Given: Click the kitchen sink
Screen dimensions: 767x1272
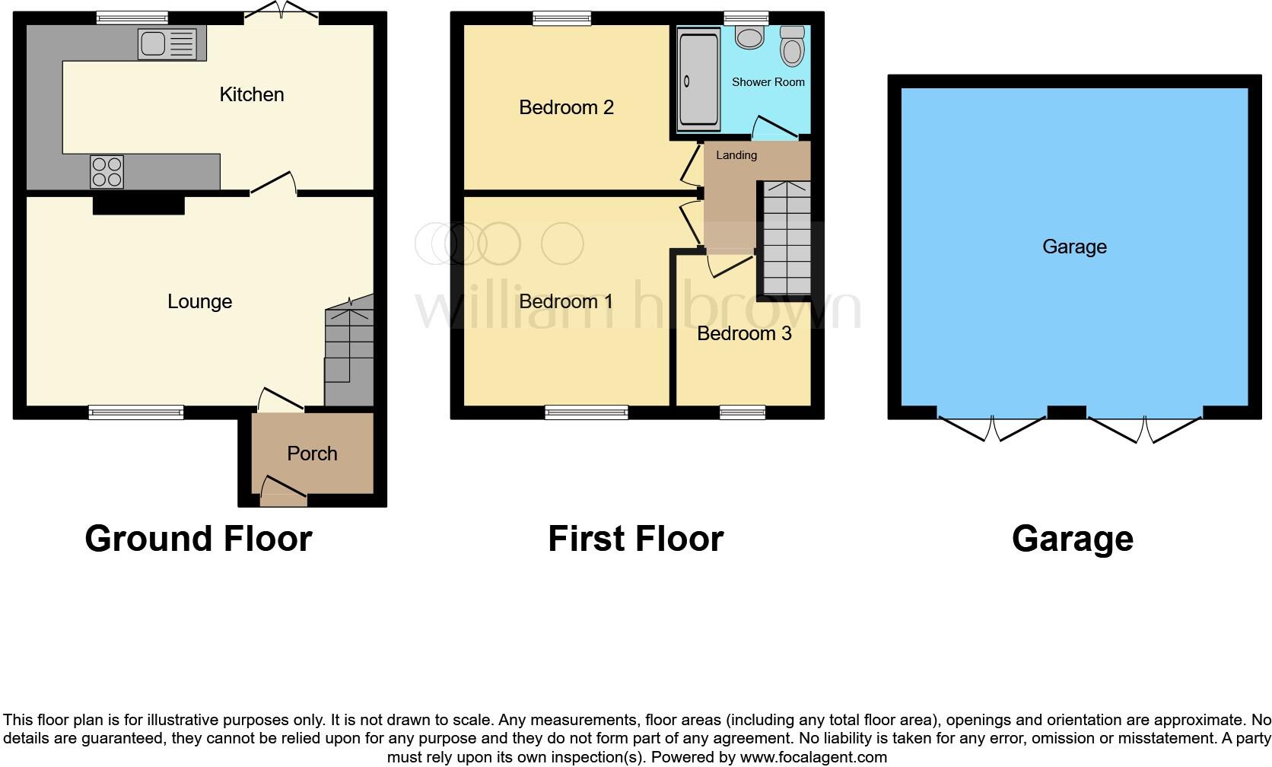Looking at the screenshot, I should tap(167, 44).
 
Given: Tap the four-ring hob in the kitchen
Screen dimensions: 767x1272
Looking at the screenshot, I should tap(107, 171).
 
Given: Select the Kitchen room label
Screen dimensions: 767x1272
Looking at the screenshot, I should tap(252, 94).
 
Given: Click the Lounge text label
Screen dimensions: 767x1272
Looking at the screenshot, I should tap(199, 301).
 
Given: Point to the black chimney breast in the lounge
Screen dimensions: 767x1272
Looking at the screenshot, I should tap(138, 204).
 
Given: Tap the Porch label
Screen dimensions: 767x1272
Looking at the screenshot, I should tap(312, 454).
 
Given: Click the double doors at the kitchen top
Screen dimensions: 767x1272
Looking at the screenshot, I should tap(282, 13).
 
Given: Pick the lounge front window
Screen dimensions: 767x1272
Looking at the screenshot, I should tap(136, 412).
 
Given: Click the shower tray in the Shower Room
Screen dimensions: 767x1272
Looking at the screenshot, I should tap(698, 79).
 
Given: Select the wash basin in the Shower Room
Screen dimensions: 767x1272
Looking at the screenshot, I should tap(749, 37).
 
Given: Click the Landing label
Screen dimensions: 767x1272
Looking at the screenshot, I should tap(736, 155).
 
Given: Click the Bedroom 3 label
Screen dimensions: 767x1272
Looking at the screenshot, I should tap(744, 333).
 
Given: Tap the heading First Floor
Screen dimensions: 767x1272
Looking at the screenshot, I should tap(635, 539).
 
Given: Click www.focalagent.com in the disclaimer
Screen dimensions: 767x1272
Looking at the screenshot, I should tap(813, 757).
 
